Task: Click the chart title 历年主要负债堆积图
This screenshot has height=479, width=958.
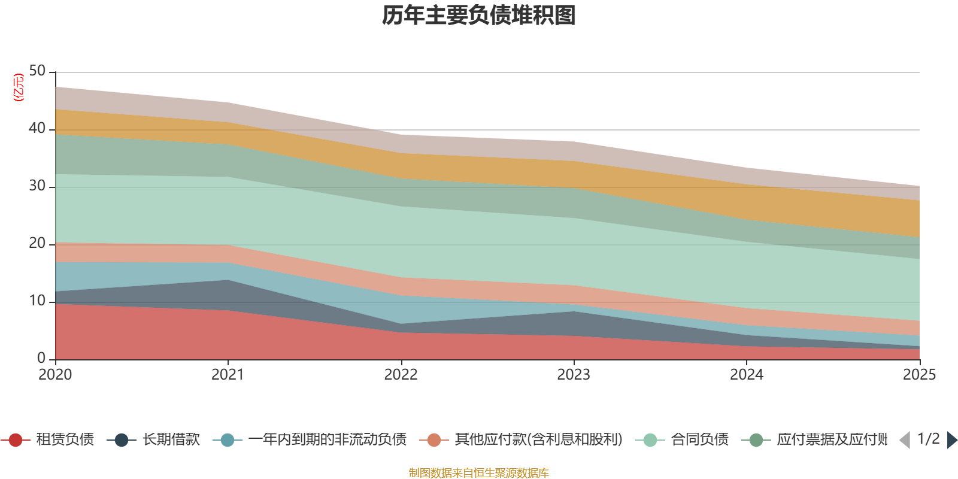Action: coord(479,16)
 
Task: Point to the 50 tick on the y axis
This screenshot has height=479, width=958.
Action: coord(37,71)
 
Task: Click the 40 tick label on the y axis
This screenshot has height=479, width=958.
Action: coord(37,128)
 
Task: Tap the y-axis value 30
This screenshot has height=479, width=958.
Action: coord(37,186)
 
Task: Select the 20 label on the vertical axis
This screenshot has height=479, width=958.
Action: coord(37,243)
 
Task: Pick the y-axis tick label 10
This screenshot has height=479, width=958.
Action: coord(37,301)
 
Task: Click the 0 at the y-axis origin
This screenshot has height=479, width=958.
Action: coord(41,358)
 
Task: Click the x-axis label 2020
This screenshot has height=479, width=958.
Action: coord(55,375)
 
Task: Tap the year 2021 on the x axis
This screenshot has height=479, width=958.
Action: coord(228,375)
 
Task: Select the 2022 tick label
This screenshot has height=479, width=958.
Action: coord(401,375)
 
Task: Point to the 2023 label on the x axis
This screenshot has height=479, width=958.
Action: coord(574,375)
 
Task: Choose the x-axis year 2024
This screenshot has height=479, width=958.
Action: coord(746,375)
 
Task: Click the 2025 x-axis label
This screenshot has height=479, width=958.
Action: coord(918,375)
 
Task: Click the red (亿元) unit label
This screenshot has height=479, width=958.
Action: coord(19,87)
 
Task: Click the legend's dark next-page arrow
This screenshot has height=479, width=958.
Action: coord(952,440)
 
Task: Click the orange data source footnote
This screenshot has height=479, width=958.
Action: coord(479,473)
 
